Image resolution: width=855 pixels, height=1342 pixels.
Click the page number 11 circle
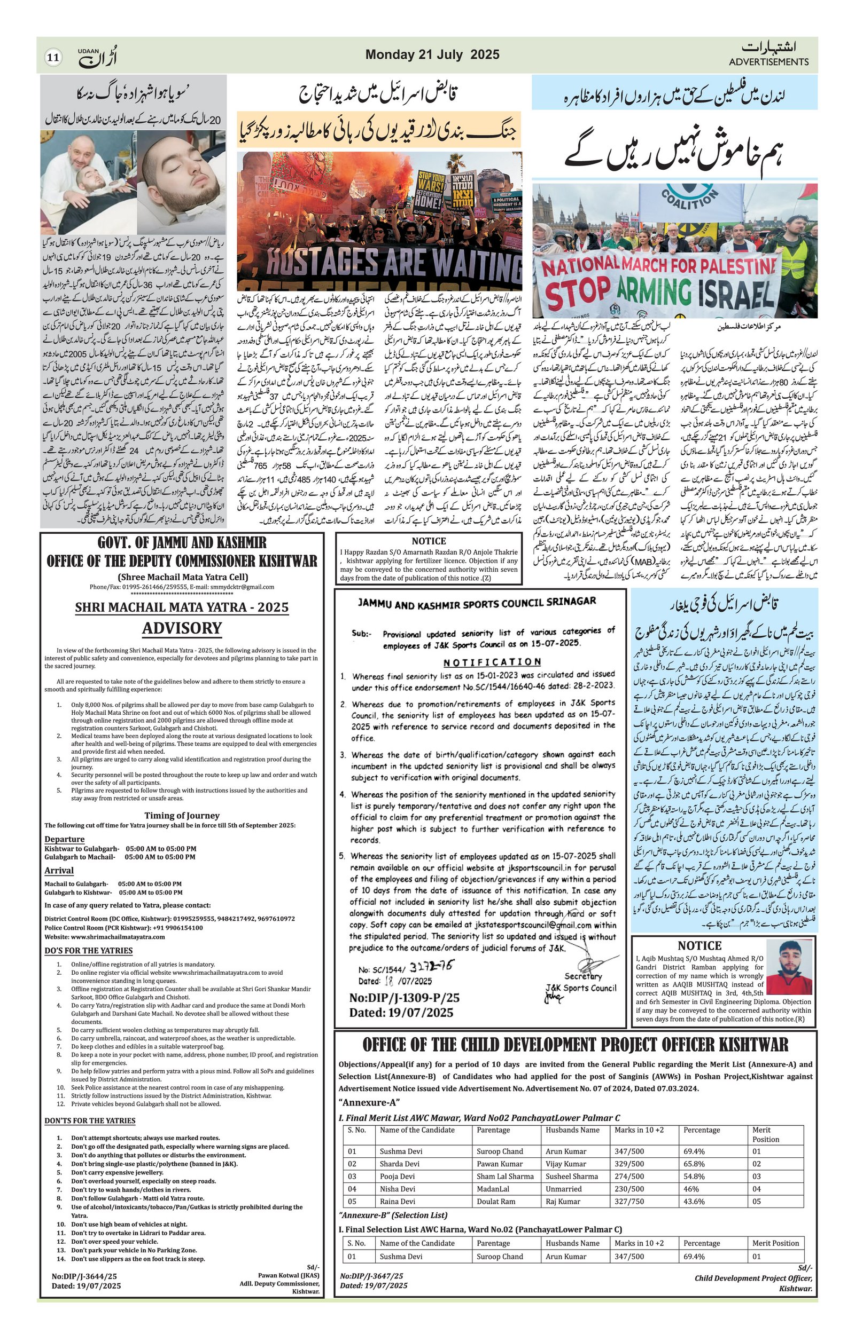tap(53, 57)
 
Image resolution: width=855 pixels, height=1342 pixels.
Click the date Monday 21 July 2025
tap(432, 54)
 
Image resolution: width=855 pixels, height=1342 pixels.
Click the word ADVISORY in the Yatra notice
tap(182, 628)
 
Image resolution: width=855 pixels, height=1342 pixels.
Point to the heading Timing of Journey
tap(182, 815)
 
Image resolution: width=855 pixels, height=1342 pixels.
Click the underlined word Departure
tap(65, 839)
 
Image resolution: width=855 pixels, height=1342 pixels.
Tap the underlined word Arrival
tap(59, 871)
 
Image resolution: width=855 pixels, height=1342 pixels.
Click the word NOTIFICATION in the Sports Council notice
tap(492, 662)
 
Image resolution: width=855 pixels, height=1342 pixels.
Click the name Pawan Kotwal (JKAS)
tap(289, 1305)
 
